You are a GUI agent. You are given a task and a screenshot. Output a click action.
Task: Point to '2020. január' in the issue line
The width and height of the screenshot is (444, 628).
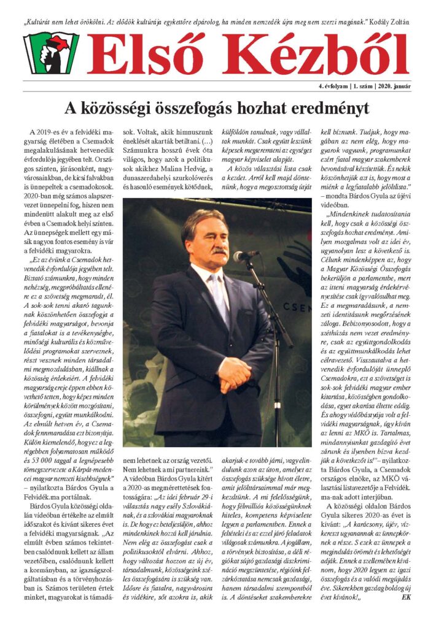[392, 86]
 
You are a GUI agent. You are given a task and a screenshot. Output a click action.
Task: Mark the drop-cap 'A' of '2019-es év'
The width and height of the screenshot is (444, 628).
[31, 132]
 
